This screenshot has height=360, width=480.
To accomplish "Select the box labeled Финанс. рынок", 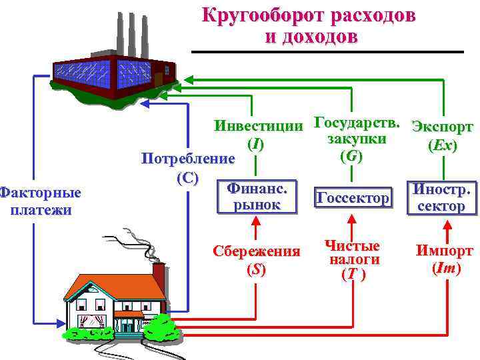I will [x=257, y=197].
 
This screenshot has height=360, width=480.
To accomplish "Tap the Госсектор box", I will [x=352, y=198].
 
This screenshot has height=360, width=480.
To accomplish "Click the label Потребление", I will [x=187, y=160].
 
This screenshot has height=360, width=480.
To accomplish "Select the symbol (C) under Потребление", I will [x=187, y=177].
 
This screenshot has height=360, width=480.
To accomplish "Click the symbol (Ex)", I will [x=443, y=145].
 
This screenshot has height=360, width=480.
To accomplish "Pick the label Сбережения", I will [x=256, y=252].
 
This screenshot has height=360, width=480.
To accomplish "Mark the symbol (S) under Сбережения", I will [x=256, y=270].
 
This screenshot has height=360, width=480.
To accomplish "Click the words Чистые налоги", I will [x=351, y=253].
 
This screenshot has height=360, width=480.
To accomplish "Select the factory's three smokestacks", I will [x=131, y=33].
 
